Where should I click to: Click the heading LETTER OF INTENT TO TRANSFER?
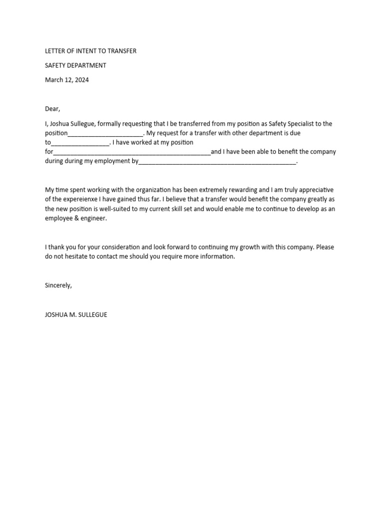click(90, 51)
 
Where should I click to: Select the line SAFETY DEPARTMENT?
click(75, 65)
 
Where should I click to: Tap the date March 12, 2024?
click(67, 80)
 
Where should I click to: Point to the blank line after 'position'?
click(106, 134)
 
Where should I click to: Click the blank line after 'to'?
click(80, 143)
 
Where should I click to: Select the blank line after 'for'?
click(132, 153)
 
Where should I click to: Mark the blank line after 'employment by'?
click(217, 162)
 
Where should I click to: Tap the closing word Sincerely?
click(58, 285)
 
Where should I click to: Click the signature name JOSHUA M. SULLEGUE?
click(76, 315)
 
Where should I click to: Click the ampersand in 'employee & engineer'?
click(77, 219)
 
